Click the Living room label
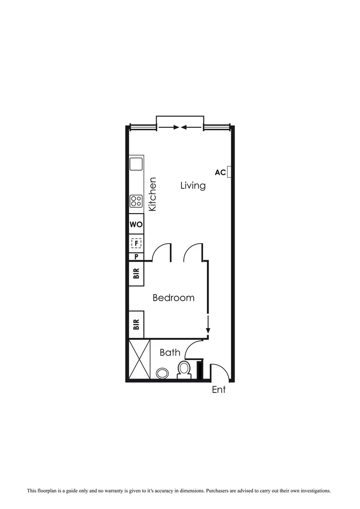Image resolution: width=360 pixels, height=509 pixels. pos(193,186)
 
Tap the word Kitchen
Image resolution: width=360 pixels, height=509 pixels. pos(152,194)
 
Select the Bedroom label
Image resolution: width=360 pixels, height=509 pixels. pos(173,298)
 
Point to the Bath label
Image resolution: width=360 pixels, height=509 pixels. pos(170,353)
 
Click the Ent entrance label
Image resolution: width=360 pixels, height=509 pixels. pos(219,390)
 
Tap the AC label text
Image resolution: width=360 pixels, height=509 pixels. pos(220,172)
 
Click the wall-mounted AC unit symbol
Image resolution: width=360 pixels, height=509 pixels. pos(229,172)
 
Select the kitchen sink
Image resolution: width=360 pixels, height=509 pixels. pos(136,164)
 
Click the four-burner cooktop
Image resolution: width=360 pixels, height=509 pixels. pos(136,201)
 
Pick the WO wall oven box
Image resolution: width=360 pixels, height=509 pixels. pos(136,225)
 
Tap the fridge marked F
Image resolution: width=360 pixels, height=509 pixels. pos(136,243)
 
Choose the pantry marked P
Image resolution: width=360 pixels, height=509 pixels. pos(136,257)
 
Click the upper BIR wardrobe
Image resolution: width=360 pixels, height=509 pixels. pos(136,274)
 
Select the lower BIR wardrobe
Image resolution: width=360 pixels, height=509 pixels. pos(136,324)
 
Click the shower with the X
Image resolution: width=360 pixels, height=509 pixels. pos(139,359)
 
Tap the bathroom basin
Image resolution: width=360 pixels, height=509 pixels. pos(162,373)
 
